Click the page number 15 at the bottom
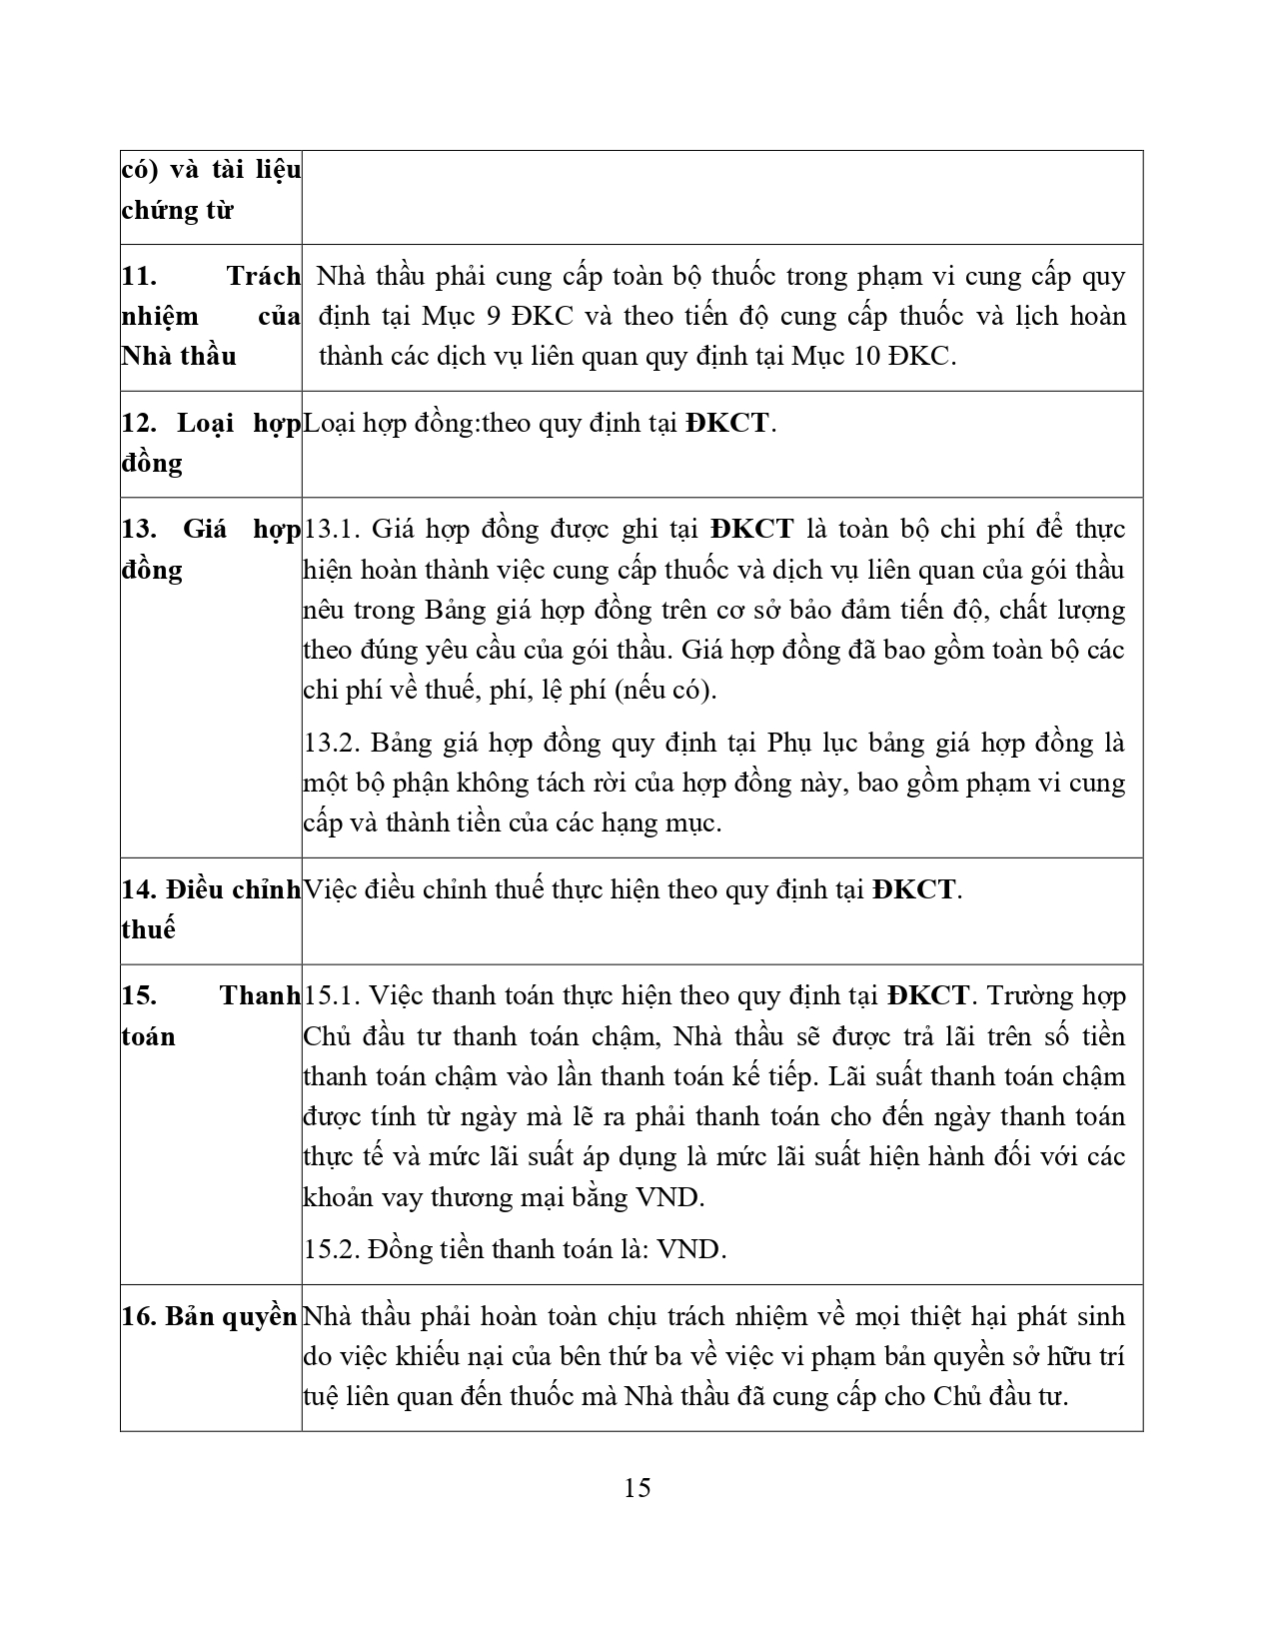point(637,1487)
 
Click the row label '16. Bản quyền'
point(209,1317)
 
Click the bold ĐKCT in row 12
point(727,423)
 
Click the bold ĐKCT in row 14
point(913,889)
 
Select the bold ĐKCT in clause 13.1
point(752,530)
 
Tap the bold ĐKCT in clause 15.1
point(927,996)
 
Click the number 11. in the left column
point(138,277)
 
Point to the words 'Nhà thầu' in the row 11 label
point(179,357)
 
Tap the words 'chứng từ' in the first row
point(177,211)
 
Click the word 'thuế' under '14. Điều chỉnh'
point(148,929)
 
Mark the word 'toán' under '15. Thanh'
point(148,1036)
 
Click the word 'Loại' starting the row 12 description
point(329,423)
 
